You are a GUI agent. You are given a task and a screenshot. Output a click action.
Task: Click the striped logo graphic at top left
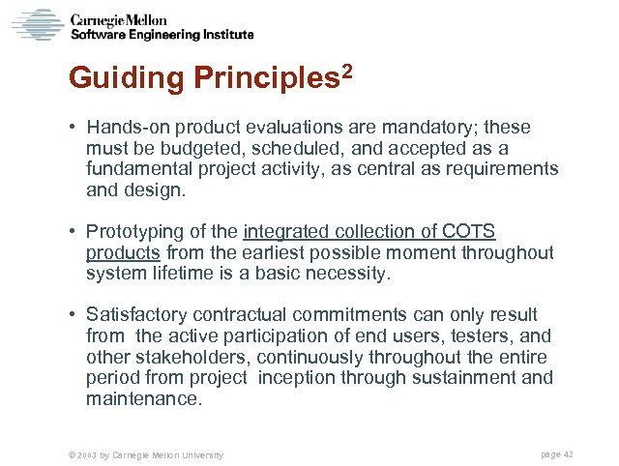pyautogui.click(x=37, y=24)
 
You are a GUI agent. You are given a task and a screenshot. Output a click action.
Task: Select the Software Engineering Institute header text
pyautogui.click(x=162, y=34)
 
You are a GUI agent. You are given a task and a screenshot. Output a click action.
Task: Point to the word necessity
pyautogui.click(x=345, y=274)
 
